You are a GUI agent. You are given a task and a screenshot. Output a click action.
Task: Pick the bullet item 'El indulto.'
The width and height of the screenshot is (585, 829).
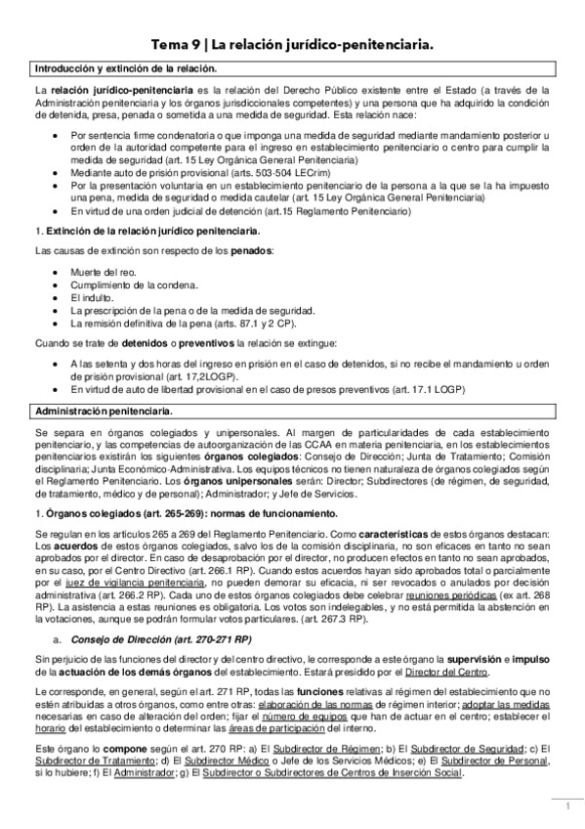coord(93,296)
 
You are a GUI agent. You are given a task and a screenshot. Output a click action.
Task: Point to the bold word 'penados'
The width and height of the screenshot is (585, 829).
coord(252,251)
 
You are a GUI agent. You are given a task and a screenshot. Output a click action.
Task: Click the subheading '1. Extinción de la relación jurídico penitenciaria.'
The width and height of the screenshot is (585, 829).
coord(146,231)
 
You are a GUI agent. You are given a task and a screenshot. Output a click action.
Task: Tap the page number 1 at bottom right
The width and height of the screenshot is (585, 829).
coord(566,807)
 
